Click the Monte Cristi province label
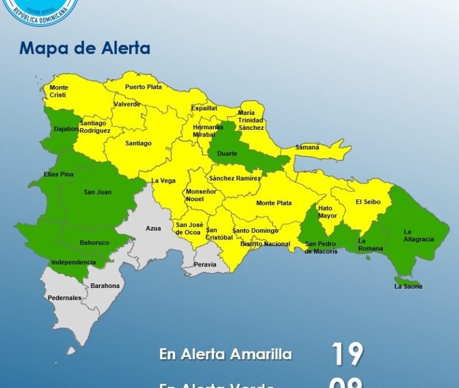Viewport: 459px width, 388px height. coord(59,92)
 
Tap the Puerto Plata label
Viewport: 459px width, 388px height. coord(143,87)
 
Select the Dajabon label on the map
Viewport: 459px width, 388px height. coord(66,129)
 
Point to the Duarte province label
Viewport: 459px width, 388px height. coord(227,154)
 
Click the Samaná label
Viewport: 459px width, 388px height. coord(308,147)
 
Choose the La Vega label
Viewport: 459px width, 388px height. coord(163,181)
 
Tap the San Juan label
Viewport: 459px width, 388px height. coord(97,192)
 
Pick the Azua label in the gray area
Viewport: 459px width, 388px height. coord(153,228)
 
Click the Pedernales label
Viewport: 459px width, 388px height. coord(65,298)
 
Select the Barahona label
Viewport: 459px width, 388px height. coord(105,286)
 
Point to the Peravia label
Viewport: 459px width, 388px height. coord(205,264)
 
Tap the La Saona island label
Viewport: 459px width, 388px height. coord(408,286)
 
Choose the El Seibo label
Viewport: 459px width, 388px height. coord(368,202)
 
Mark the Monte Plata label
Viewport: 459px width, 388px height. coord(274,203)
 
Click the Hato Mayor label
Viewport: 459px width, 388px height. coord(328,212)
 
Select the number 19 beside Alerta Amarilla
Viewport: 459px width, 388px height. coord(347,354)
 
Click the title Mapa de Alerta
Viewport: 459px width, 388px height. coord(84,48)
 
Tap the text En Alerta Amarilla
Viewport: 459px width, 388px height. coord(225,354)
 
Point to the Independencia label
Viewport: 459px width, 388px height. coord(74,262)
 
